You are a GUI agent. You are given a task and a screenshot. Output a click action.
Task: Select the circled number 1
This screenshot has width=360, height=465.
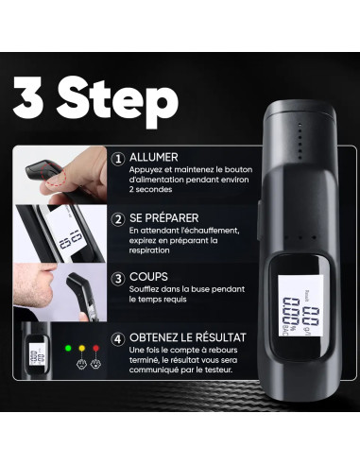click(117, 159)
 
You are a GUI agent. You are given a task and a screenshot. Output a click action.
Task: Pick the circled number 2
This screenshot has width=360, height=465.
click(117, 218)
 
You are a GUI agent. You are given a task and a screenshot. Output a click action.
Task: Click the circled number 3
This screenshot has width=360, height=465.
click(117, 279)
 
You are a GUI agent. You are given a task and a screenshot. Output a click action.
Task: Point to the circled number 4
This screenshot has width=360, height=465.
click(117, 338)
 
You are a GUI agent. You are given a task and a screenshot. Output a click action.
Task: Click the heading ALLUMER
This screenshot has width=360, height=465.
click(154, 158)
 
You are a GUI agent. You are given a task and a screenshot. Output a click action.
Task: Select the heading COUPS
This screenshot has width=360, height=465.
click(150, 278)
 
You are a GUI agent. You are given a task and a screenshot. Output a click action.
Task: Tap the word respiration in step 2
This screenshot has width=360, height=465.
click(154, 250)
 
